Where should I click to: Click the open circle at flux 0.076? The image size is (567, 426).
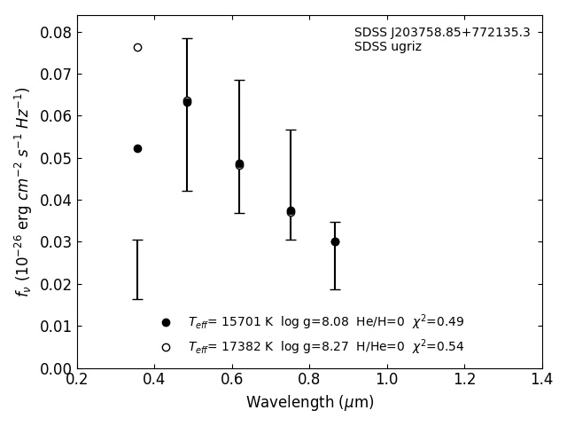(x=137, y=47)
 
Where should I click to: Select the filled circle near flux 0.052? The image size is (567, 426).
(x=137, y=148)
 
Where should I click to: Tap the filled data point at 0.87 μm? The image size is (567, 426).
(x=335, y=241)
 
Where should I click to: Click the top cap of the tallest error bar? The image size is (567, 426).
(x=187, y=38)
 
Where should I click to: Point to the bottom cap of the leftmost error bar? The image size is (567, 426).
(x=137, y=299)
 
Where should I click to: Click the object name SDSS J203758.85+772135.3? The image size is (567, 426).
(x=442, y=33)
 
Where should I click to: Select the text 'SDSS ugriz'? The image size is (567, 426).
(x=388, y=47)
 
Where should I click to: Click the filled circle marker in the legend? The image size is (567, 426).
(x=166, y=322)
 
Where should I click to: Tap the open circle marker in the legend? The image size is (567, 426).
(x=166, y=347)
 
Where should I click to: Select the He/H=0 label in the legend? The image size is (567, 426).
(x=380, y=322)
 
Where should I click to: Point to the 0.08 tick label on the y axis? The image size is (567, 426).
(x=55, y=33)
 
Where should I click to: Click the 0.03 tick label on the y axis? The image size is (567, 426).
(x=55, y=242)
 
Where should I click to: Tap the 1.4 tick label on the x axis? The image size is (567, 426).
(x=542, y=380)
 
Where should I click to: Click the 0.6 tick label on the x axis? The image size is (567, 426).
(x=232, y=380)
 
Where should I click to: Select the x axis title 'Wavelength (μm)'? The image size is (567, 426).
(x=310, y=403)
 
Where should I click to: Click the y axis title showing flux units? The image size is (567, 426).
(x=22, y=191)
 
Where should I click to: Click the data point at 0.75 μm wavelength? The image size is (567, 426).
(x=291, y=211)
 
